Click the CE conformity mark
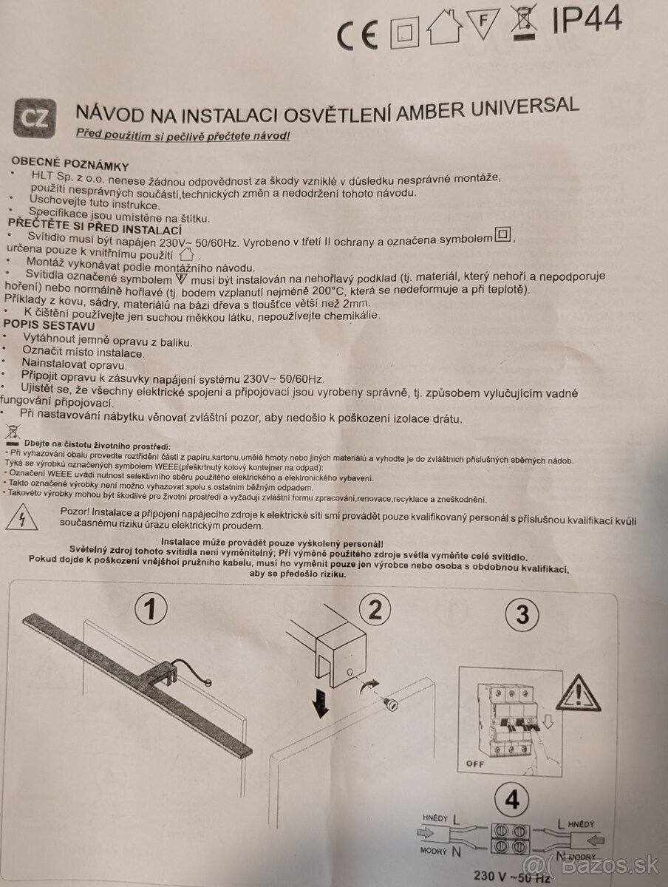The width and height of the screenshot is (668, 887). tap(358, 35)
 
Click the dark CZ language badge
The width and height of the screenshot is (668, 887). tap(35, 118)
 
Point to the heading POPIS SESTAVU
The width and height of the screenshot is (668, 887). tap(50, 325)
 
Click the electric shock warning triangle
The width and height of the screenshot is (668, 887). tap(21, 517)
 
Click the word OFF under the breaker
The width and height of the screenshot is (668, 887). tap(475, 764)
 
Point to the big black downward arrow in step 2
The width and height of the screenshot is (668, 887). tap(322, 704)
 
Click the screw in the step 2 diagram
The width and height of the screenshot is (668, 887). tap(391, 705)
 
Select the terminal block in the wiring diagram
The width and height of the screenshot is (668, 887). tap(511, 839)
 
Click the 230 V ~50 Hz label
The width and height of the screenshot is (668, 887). tap(512, 876)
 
